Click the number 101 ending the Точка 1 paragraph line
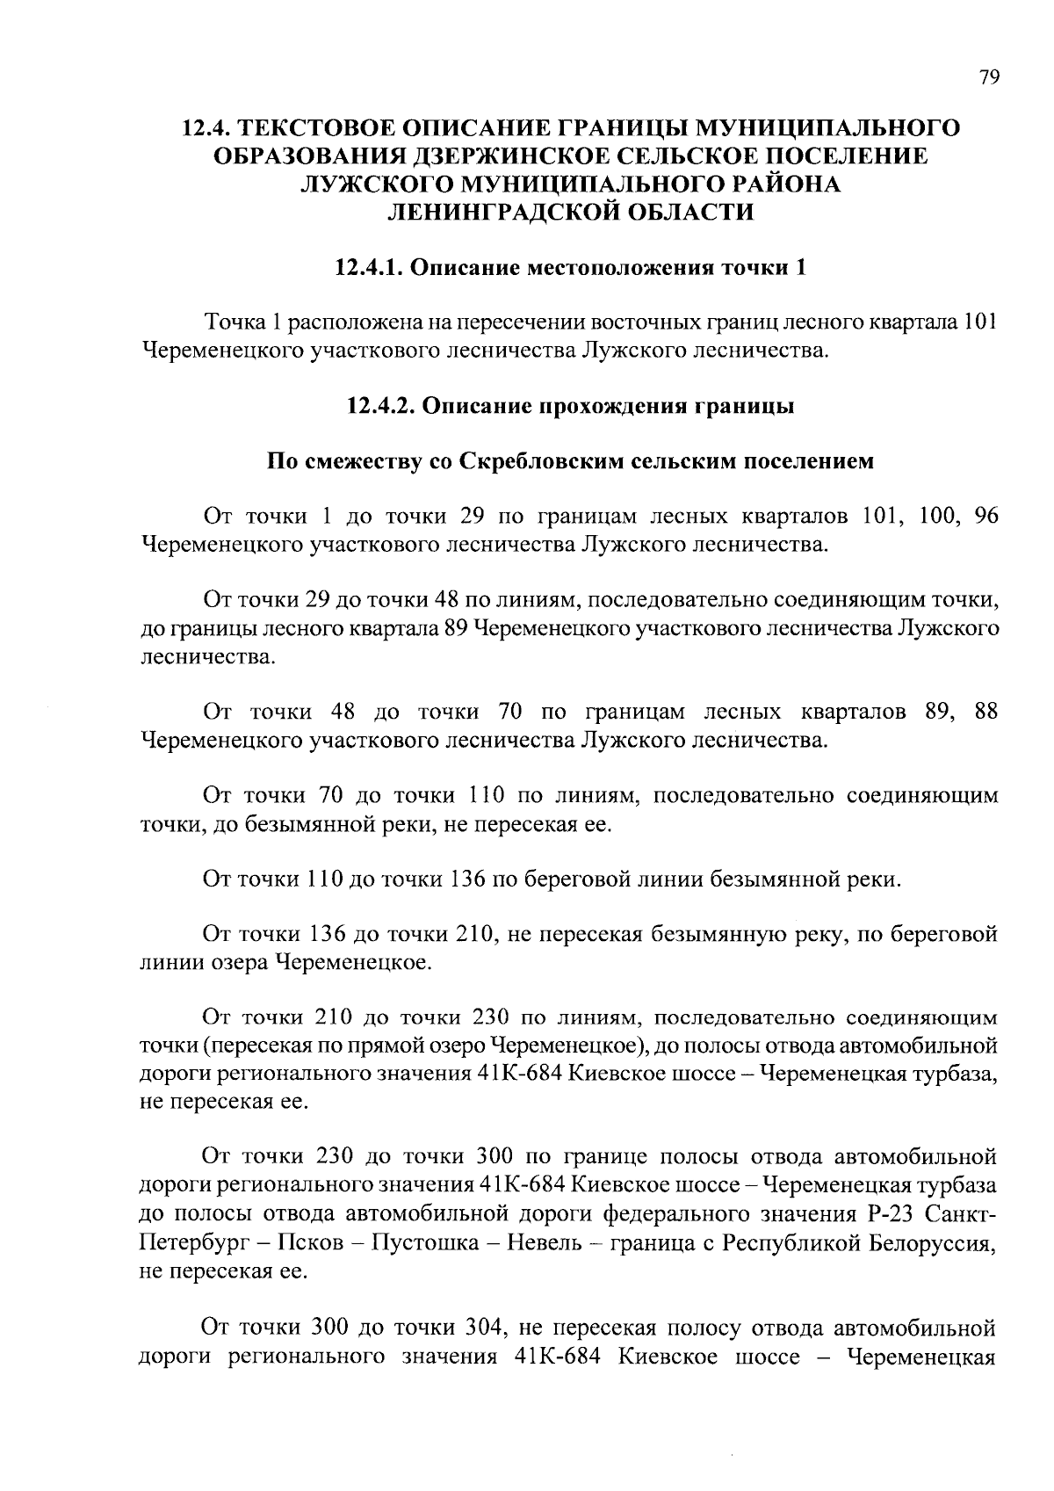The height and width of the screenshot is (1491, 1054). tap(980, 322)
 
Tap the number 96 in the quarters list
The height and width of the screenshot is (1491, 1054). tap(985, 516)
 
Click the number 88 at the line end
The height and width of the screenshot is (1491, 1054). tap(985, 711)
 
